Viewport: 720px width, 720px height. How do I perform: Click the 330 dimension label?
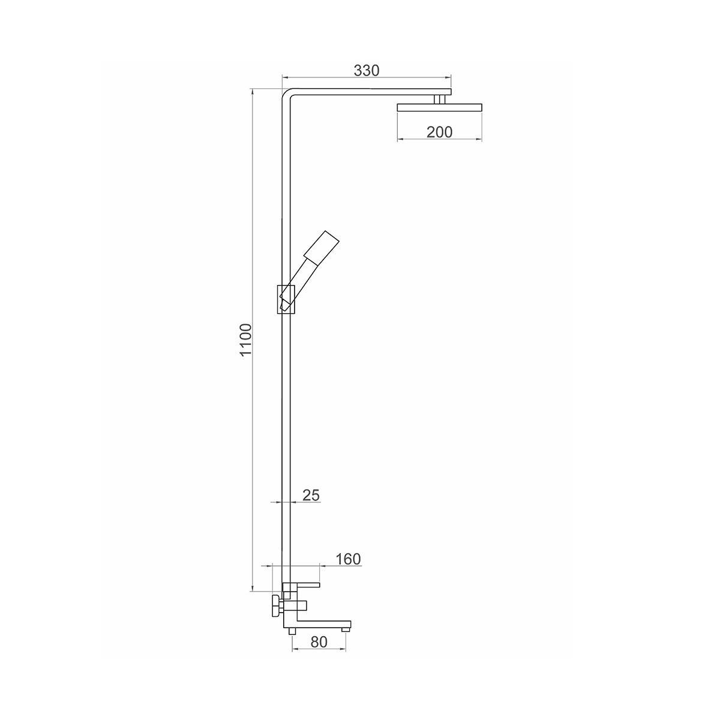click(366, 70)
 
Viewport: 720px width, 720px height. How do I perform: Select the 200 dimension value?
click(439, 132)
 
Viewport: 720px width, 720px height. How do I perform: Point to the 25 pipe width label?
click(311, 496)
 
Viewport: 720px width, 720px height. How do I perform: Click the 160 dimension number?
click(348, 559)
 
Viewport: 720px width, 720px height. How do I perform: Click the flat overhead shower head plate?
click(439, 107)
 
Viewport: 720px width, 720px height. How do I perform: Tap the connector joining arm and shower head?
click(440, 100)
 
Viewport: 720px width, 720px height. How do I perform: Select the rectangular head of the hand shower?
click(322, 247)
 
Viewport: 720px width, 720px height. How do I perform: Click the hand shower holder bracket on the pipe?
click(286, 299)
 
